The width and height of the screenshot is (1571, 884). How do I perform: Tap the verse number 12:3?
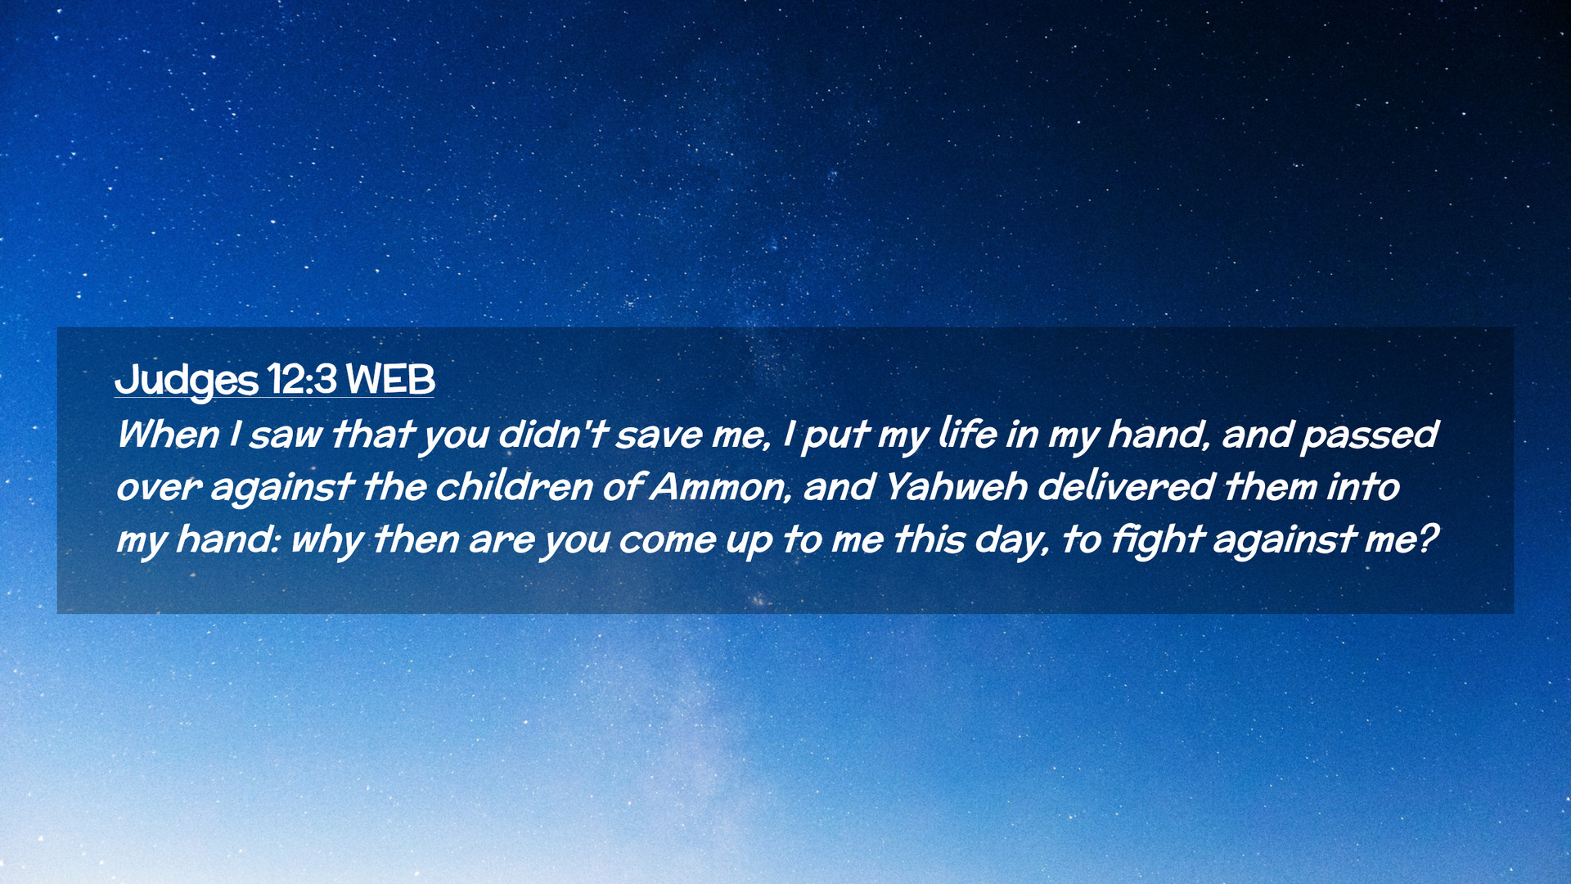[x=302, y=379]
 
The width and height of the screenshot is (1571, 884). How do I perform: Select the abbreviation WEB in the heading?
[x=390, y=379]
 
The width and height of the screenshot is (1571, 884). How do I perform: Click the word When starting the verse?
[x=168, y=434]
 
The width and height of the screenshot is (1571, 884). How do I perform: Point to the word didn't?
[x=553, y=434]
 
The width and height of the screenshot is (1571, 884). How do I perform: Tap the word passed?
[x=1370, y=435]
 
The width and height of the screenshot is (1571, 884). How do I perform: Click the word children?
[x=514, y=486]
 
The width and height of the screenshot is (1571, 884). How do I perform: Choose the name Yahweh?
[x=956, y=486]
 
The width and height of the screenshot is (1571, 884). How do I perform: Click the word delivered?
[x=1126, y=486]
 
